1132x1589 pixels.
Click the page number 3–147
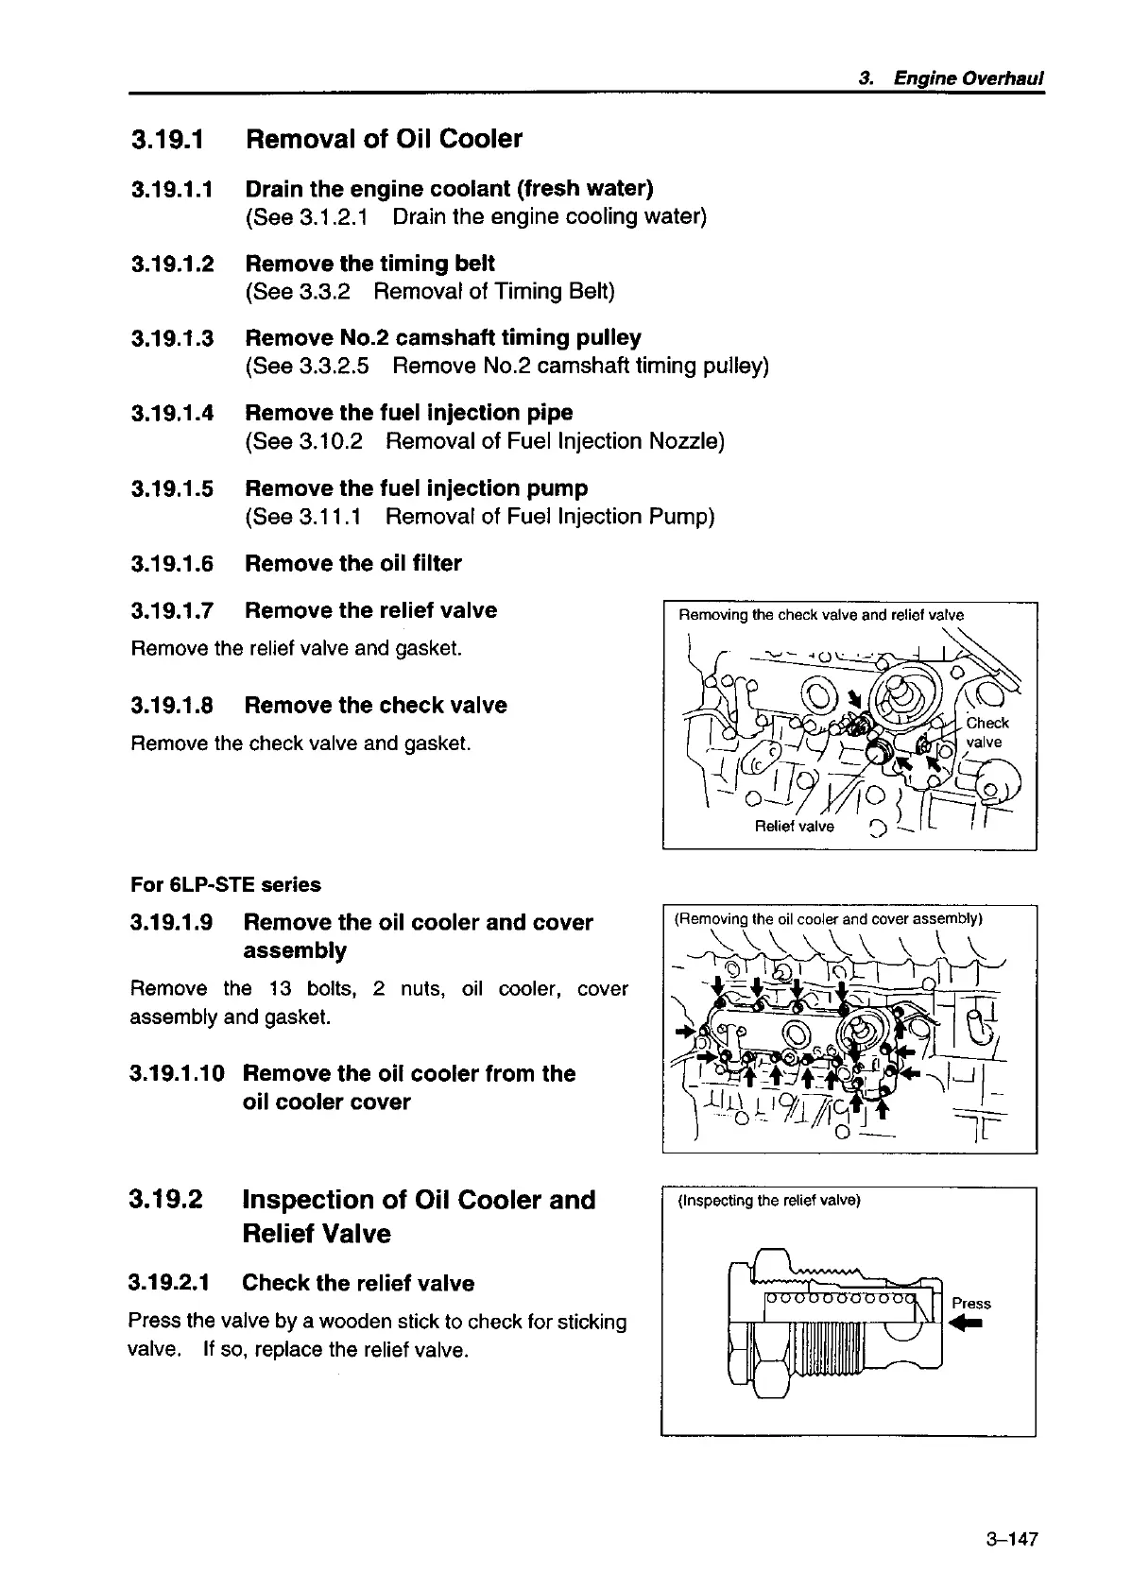pos(1011,1539)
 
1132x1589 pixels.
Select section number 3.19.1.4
pos(172,413)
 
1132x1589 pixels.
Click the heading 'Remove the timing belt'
pos(369,264)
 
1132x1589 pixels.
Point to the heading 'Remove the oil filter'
pos(353,564)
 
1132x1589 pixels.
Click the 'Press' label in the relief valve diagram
pos(971,1304)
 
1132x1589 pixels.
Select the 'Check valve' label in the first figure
pos(986,732)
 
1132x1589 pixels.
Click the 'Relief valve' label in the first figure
pos(795,827)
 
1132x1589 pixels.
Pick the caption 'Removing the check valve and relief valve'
pos(821,616)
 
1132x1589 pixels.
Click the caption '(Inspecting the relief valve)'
pos(768,1201)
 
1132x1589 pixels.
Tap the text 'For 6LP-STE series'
pos(225,885)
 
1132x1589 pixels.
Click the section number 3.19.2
pos(166,1200)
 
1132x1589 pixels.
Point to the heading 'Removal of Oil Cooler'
pos(384,139)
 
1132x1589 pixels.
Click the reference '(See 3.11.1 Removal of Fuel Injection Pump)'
pos(480,517)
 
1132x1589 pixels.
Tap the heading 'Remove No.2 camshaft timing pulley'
pos(442,338)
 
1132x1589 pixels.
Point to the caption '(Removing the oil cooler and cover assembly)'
pos(828,918)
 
